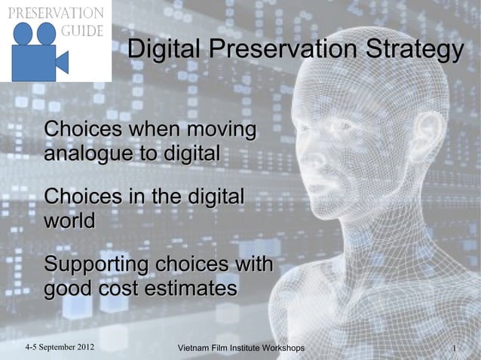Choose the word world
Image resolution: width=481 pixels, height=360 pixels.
tap(69, 221)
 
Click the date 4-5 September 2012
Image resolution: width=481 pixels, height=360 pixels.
tap(60, 348)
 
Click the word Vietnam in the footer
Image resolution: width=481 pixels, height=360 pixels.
tap(191, 349)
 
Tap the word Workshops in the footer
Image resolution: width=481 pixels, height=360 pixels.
tap(280, 349)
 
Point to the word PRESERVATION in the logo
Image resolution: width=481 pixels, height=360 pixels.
tap(56, 13)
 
